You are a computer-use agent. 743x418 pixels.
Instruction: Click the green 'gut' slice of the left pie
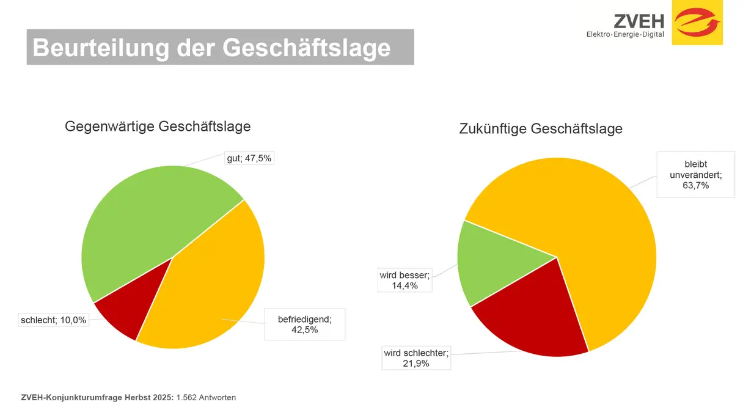click(147, 220)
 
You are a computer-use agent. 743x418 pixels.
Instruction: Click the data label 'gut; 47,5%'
click(249, 158)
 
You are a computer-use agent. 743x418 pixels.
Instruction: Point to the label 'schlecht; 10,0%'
click(54, 320)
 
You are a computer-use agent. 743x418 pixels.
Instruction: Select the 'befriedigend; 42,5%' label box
click(304, 324)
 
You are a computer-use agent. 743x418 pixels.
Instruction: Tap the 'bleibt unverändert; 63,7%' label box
click(695, 175)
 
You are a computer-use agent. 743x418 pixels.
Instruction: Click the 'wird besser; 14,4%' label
click(405, 280)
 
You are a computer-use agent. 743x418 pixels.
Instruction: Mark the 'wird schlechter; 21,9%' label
click(416, 358)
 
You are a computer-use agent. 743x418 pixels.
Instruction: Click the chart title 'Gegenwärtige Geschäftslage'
click(158, 127)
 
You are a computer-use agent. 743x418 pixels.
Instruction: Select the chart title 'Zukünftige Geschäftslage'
click(540, 129)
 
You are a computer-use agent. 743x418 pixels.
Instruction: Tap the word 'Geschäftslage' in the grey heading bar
click(306, 47)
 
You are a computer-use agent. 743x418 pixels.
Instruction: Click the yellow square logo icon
click(697, 23)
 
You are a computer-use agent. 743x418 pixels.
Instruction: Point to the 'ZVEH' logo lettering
click(639, 21)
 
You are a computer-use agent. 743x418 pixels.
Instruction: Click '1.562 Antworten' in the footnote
click(206, 398)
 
